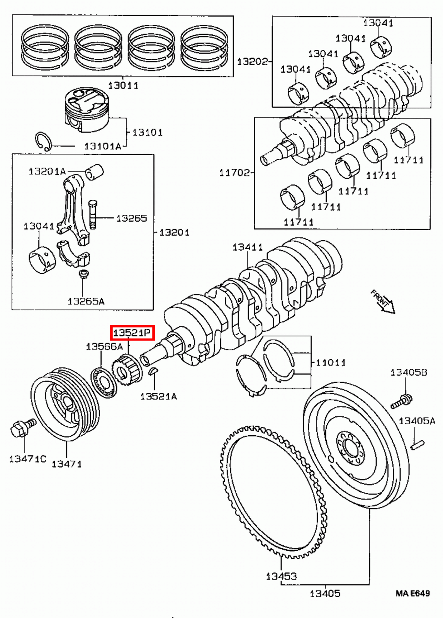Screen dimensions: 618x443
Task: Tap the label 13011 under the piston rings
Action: [x=123, y=85]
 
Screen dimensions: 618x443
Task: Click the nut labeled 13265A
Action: [x=83, y=275]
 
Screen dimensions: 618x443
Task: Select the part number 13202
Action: [x=252, y=61]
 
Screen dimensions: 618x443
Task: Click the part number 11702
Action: [x=234, y=172]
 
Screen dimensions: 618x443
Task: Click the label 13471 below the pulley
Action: [x=66, y=463]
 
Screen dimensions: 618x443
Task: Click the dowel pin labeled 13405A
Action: [x=418, y=445]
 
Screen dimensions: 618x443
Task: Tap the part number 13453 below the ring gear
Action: [x=281, y=576]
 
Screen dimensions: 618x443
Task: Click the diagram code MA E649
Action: [x=412, y=593]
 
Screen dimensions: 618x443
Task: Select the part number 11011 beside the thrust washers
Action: [x=331, y=362]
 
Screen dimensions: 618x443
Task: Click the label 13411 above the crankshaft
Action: [x=247, y=247]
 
